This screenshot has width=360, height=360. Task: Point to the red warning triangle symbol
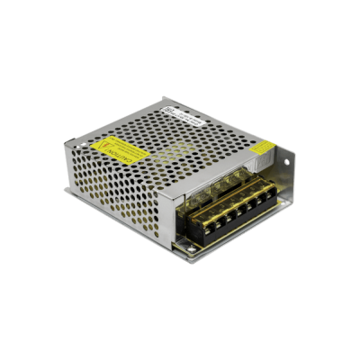(x=113, y=142)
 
